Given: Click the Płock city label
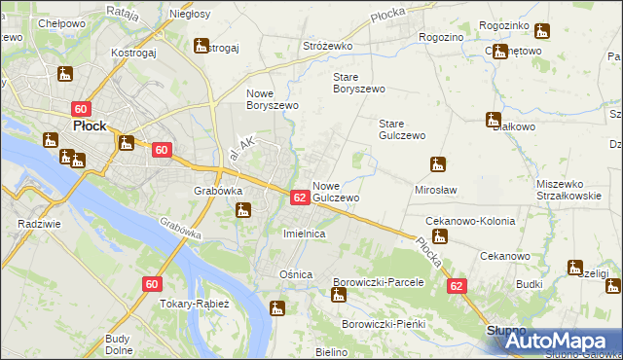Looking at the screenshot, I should [89, 126].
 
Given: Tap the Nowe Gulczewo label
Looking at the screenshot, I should [337, 192].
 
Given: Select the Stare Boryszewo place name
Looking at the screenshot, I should [359, 83].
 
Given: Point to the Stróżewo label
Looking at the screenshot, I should [327, 46].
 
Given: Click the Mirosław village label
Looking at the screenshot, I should [436, 191].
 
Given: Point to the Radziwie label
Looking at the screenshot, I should [34, 223].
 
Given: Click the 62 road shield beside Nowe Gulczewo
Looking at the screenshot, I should [300, 198].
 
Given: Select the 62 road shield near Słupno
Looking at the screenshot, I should [458, 287].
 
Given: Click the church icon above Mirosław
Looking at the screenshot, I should [439, 164].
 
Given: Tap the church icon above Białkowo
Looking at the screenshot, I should [494, 120].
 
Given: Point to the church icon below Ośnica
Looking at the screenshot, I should [277, 309].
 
